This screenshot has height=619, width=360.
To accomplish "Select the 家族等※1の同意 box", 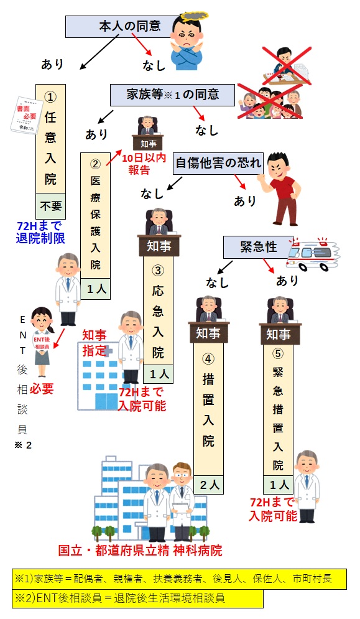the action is coord(172,95).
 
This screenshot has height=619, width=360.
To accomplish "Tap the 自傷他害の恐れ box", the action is coord(218,163).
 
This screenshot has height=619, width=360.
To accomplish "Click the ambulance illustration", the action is coord(313,254).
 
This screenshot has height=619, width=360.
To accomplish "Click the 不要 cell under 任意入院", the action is coord(50,206).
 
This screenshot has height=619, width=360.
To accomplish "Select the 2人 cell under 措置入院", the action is coord(208,485).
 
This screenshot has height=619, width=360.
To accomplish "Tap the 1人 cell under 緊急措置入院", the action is coord(279,485).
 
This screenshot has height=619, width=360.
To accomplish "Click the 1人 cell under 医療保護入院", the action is coord(96,289).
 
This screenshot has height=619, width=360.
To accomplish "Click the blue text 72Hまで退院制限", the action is coord(40,232).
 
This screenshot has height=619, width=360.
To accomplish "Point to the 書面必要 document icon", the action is coord(26,115).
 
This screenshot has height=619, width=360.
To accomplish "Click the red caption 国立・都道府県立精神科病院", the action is coord(140,550).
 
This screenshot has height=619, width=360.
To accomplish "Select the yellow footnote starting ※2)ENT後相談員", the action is coord(137,598).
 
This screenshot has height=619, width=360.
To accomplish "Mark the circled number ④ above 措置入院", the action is coord(208,358).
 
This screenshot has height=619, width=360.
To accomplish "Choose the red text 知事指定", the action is coord(95,343).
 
